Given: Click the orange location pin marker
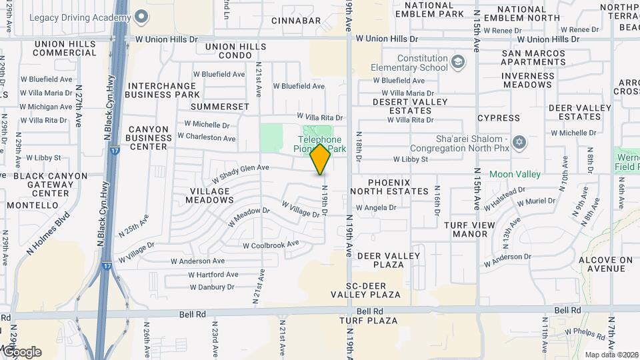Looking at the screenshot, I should pyautogui.click(x=321, y=159).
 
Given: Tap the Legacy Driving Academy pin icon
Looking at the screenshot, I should pyautogui.click(x=141, y=16).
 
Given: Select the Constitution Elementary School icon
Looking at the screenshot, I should pyautogui.click(x=457, y=63).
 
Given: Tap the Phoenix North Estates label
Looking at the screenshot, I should pyautogui.click(x=398, y=187).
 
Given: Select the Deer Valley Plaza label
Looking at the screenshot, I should pyautogui.click(x=389, y=260).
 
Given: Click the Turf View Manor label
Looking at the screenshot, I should pyautogui.click(x=479, y=229).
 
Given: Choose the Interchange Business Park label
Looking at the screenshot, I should pyautogui.click(x=163, y=90).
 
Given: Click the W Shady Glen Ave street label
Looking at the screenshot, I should pyautogui.click(x=241, y=173).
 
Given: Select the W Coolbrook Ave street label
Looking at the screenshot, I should pyautogui.click(x=271, y=245).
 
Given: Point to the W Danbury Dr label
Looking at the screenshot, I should pyautogui.click(x=212, y=287).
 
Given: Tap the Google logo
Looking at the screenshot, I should pyautogui.click(x=21, y=352).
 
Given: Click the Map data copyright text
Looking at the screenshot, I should pyautogui.click(x=611, y=355).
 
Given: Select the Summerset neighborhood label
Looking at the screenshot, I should pyautogui.click(x=219, y=107).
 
